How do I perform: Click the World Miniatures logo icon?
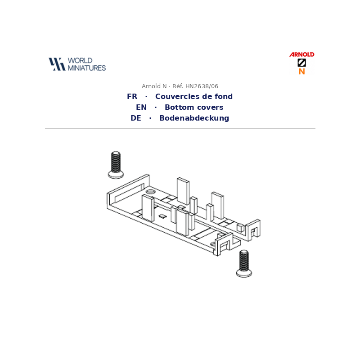coord(57,64)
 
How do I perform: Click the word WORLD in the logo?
coord(80,61)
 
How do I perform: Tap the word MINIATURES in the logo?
coord(87,68)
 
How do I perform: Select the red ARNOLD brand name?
coord(301,54)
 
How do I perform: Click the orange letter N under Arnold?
coord(301,72)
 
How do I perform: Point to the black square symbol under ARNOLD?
coord(301,63)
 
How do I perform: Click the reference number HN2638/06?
coord(202,86)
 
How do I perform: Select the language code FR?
coord(132,96)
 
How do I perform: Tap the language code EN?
coord(141,107)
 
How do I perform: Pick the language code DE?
coord(136,118)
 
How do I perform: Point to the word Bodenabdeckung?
coord(194,118)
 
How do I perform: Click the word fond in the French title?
coord(223,96)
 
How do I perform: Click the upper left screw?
coord(116,165)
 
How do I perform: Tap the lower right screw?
coord(244,264)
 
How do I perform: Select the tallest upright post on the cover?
coord(184,192)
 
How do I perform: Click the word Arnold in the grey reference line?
coord(154,86)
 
